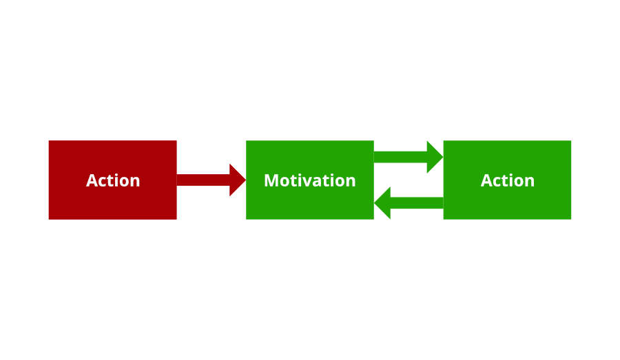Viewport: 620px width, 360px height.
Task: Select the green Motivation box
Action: pos(310,203)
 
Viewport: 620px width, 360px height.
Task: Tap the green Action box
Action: pos(507,203)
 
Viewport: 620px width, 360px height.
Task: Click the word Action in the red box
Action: pos(113,180)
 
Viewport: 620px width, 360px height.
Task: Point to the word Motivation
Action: pos(310,180)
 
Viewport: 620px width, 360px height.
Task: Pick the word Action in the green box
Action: pos(508,180)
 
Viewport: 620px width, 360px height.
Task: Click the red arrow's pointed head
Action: pos(238,180)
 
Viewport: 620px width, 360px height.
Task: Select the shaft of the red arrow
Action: pos(203,180)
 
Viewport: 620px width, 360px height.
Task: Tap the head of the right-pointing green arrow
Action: pos(435,157)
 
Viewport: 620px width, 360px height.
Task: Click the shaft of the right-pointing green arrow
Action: pos(400,157)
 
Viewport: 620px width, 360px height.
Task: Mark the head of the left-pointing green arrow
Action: pos(382,202)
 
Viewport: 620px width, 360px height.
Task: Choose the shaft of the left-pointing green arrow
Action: pos(417,202)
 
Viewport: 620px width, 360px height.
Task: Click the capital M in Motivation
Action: pos(271,180)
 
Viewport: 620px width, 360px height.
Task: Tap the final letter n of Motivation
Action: pos(351,181)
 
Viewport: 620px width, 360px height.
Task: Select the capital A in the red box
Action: pos(92,180)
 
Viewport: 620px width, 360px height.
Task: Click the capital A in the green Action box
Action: pos(486,180)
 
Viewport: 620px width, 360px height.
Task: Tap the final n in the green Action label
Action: pos(529,182)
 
